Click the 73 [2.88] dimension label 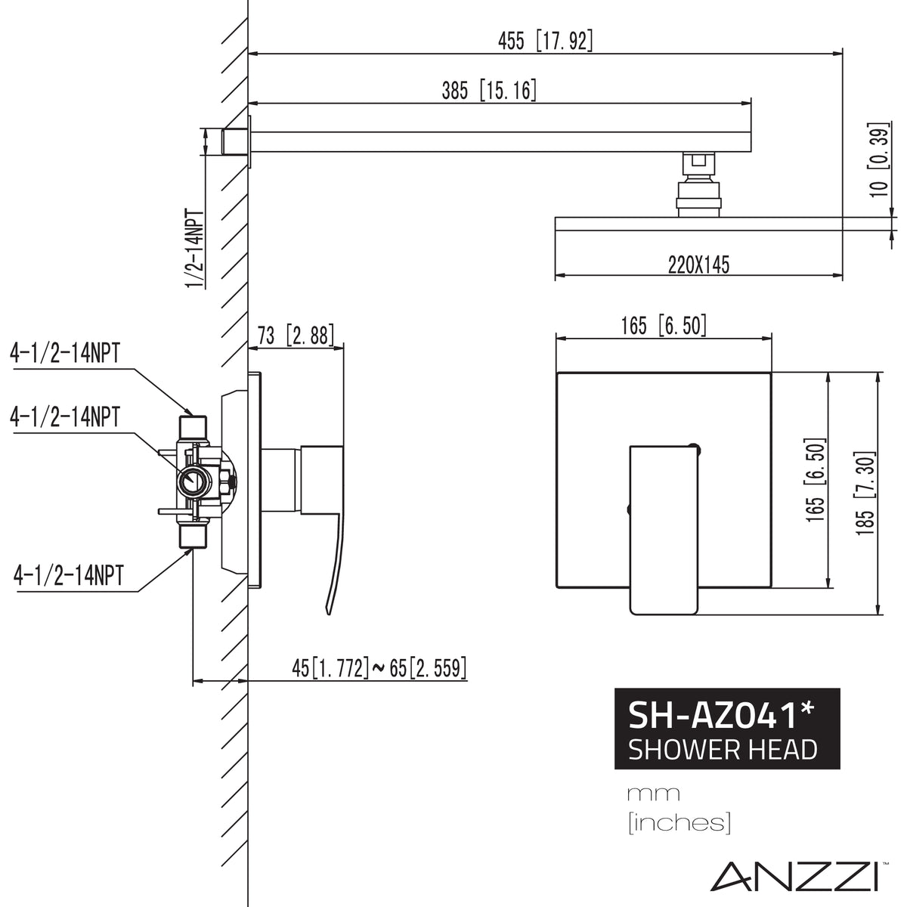(296, 335)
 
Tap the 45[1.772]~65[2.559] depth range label (379, 667)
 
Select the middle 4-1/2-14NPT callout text (64, 416)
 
